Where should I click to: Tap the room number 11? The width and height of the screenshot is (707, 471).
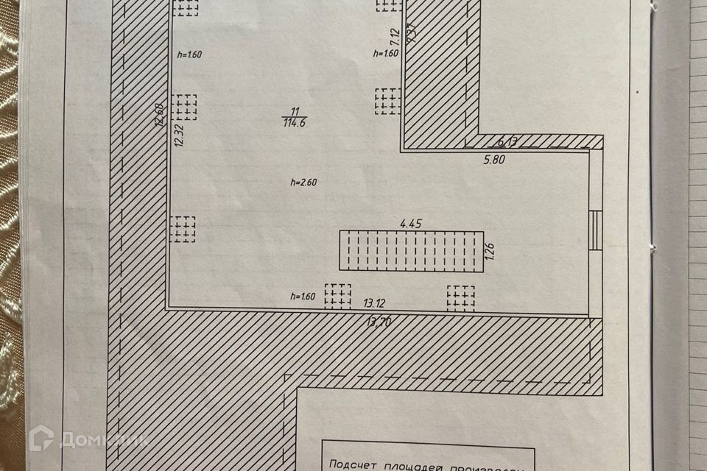click(x=294, y=112)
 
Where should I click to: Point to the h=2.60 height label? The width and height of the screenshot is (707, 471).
click(x=304, y=183)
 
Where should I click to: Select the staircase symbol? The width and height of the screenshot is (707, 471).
click(x=411, y=251)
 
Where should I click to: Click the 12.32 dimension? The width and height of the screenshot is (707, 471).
click(x=178, y=135)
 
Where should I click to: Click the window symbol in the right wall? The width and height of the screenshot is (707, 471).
click(x=596, y=230)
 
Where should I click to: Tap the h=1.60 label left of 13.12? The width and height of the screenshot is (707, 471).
click(x=303, y=297)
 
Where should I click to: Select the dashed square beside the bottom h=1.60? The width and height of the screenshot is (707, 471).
click(x=338, y=296)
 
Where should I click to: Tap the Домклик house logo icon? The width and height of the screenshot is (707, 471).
click(x=41, y=439)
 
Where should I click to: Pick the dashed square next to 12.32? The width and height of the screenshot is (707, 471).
click(x=185, y=107)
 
